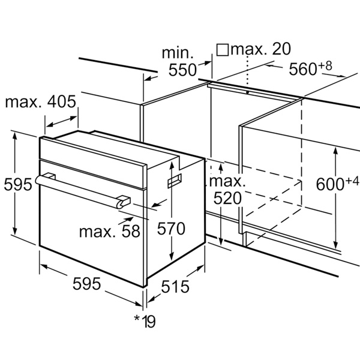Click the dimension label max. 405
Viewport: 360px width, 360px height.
(40, 102)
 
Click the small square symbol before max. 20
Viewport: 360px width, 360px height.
(223, 50)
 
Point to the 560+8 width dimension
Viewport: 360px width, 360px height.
(310, 68)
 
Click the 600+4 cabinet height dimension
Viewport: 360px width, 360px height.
(337, 183)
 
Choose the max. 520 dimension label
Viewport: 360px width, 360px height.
(227, 190)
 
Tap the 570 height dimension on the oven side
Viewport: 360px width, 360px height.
(171, 229)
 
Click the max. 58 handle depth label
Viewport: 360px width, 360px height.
(110, 231)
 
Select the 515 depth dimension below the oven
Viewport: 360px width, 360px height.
(175, 287)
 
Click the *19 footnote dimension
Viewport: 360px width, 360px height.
(145, 322)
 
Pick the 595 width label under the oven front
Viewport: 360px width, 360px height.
(86, 284)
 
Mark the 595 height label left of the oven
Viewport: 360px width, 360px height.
(18, 184)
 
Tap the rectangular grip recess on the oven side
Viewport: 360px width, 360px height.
(175, 181)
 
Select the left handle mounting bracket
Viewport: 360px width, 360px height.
(50, 176)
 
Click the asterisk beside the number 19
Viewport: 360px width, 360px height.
(137, 318)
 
